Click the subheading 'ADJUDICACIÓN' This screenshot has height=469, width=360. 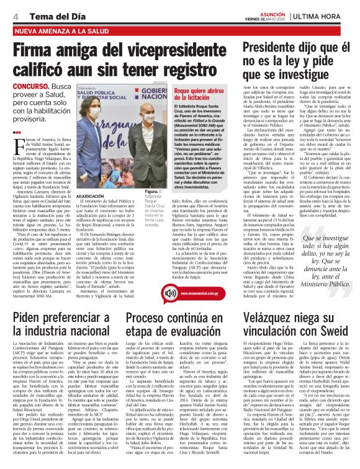89,197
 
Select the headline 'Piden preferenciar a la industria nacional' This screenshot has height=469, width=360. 59,341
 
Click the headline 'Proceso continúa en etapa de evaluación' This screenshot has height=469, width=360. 177,341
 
